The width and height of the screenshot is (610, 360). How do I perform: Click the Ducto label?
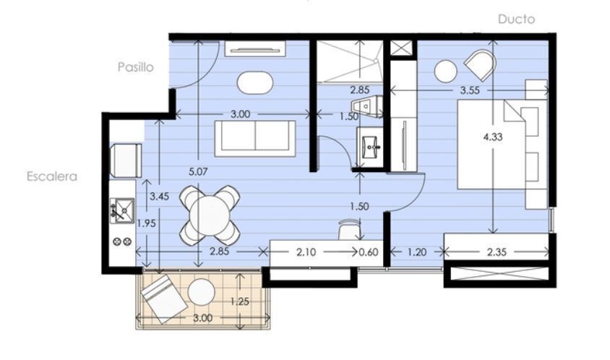point(516,19)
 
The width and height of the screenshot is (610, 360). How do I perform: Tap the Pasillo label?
point(136,67)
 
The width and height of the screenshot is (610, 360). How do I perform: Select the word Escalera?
point(52,176)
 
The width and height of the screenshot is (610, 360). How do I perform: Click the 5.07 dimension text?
point(198,171)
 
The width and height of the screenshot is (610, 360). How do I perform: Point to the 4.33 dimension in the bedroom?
point(493,137)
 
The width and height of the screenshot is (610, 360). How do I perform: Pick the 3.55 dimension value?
point(470,90)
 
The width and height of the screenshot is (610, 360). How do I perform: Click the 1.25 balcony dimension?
point(240,301)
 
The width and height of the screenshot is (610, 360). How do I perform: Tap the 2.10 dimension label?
point(306,252)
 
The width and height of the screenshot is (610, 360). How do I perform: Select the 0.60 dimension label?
point(369,252)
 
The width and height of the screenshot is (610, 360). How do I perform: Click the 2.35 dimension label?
point(497,252)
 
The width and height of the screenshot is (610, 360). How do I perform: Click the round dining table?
point(210,215)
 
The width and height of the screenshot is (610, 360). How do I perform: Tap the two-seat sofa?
point(255,138)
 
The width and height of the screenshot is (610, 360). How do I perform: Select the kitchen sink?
point(122,210)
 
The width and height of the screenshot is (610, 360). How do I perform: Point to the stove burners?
point(122,241)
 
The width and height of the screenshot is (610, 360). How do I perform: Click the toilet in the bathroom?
point(366,107)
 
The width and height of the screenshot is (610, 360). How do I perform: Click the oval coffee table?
point(255,82)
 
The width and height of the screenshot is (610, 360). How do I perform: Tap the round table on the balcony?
point(201,292)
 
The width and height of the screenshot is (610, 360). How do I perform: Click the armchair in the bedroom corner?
point(481,65)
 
